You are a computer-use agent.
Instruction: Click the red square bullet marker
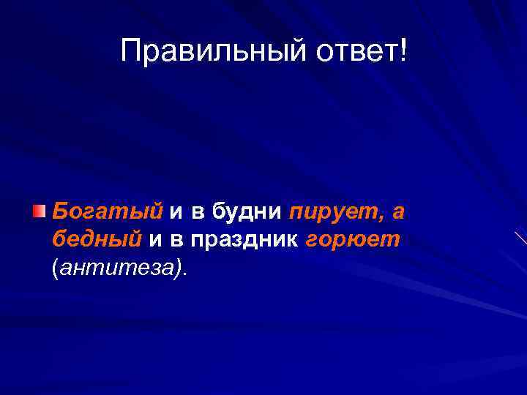[x=40, y=213]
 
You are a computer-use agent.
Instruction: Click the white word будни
[x=247, y=212]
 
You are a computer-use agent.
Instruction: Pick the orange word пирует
[x=326, y=212]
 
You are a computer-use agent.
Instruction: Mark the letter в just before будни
[x=198, y=213]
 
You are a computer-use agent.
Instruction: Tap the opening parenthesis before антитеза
[x=54, y=268]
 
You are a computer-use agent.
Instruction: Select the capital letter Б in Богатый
[x=61, y=211]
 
